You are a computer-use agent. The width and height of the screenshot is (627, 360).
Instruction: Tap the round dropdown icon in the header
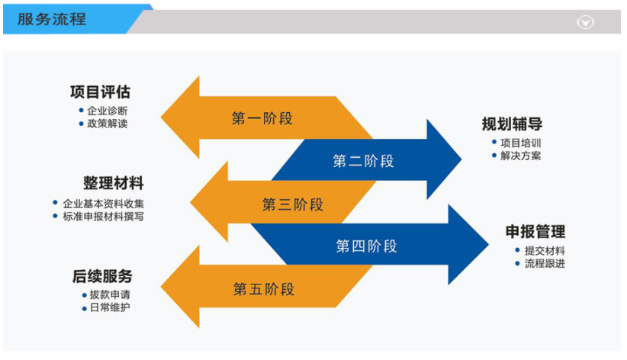(x=585, y=23)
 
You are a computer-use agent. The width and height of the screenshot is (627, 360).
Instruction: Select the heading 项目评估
(x=100, y=92)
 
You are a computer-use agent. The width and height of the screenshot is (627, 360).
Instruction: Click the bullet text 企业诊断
(x=107, y=111)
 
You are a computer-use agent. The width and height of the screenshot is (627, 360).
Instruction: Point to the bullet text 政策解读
(x=107, y=123)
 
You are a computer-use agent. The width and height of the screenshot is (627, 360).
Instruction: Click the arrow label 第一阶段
(x=262, y=118)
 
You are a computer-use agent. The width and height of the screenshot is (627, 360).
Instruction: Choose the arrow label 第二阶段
(x=363, y=161)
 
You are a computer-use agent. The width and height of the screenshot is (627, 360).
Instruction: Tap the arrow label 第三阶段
(x=292, y=204)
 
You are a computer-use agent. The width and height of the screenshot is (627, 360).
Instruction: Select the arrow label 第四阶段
(x=366, y=246)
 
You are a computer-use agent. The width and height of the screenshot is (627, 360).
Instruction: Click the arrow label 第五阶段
(x=263, y=289)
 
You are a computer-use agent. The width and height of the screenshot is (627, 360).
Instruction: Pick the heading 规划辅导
(x=512, y=124)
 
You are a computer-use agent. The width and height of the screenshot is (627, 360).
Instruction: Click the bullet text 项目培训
(x=520, y=143)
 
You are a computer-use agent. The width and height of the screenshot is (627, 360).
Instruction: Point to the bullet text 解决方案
(x=520, y=156)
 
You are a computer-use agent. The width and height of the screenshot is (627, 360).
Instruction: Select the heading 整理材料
(x=113, y=184)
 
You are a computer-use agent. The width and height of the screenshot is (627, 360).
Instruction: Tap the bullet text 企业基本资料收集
(x=103, y=204)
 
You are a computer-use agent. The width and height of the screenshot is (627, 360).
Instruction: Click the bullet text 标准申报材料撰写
(x=103, y=216)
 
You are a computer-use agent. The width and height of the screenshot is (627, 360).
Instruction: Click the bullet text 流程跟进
(x=545, y=264)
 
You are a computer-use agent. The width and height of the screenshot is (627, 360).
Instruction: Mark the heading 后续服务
(x=102, y=276)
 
